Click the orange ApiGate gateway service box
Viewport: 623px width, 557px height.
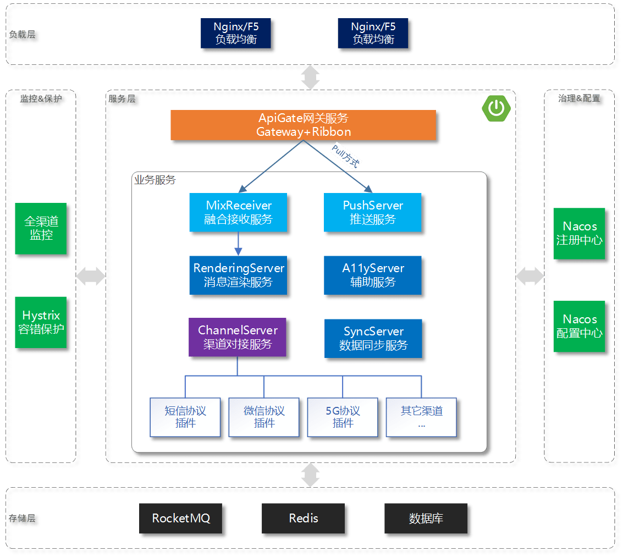303,125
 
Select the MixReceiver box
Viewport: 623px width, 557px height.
238,212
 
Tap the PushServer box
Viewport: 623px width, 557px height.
372,212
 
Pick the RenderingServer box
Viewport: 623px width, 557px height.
238,275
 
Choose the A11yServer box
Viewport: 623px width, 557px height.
372,275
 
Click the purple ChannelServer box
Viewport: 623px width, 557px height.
237,337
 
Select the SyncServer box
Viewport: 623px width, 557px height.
373,338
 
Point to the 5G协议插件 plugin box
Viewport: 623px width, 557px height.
343,417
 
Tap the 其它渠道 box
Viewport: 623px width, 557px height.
421,417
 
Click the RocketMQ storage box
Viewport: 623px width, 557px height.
180,518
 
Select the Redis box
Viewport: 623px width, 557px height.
303,518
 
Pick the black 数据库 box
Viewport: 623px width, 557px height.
426,518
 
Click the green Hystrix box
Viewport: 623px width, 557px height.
41,322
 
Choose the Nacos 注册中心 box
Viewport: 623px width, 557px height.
580,233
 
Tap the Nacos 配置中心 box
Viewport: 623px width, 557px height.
580,326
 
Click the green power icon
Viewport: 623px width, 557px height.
496,108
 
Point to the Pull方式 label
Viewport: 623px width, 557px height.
346,156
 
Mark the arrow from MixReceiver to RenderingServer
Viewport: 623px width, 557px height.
238,244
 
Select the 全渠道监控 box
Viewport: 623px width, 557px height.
41,228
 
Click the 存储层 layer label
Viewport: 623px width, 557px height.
22,518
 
